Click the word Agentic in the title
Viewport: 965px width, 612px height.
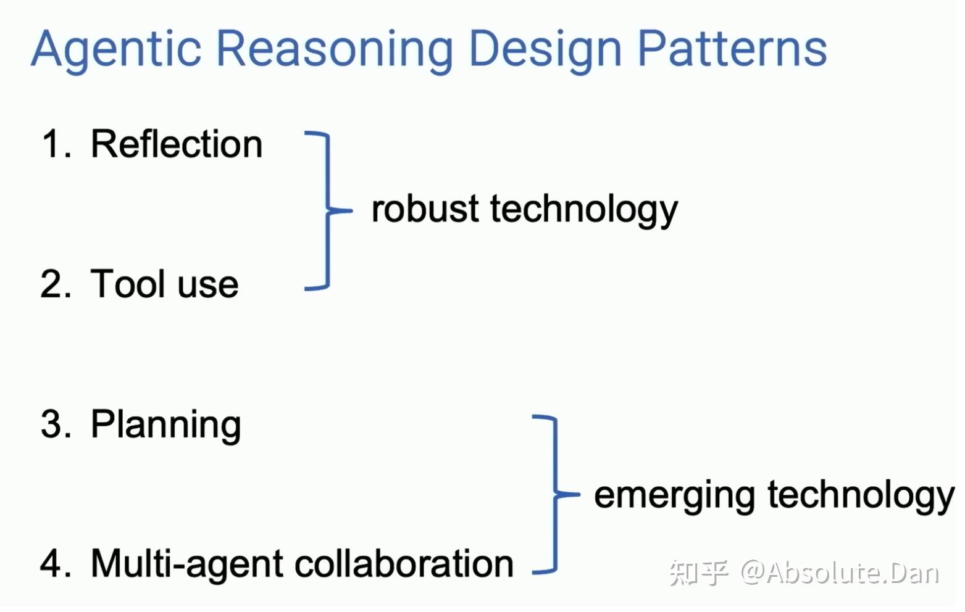pos(116,51)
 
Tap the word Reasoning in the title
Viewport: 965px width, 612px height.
pos(334,51)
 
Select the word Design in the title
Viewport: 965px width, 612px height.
pos(545,51)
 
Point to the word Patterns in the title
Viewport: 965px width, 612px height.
pos(732,48)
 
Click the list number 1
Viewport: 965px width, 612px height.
pos(56,144)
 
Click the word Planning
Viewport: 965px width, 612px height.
pos(166,426)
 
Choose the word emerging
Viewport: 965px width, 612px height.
pos(674,498)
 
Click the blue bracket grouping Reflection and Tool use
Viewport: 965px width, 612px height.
pos(328,210)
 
